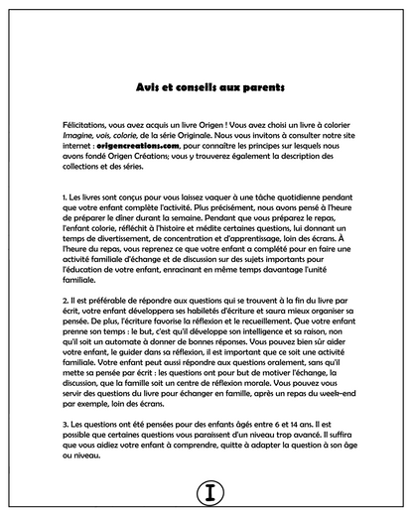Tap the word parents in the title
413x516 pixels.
(x=252, y=87)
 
